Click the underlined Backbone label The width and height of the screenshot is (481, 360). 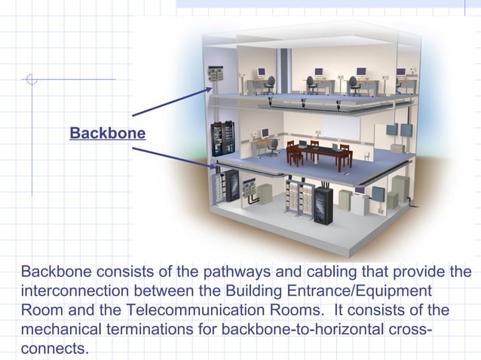click(107, 133)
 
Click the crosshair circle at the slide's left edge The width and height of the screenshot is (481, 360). click(31, 79)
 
